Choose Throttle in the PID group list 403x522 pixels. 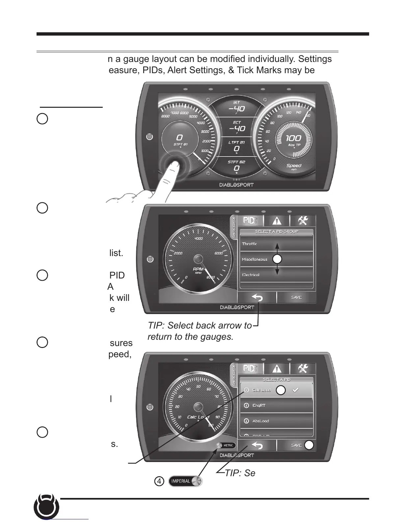coord(250,244)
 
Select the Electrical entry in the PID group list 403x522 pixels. coord(251,275)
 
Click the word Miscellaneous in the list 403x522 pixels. coord(255,259)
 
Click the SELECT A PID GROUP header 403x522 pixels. coord(277,232)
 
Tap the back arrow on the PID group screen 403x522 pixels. coord(257,298)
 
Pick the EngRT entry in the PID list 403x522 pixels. coord(259,405)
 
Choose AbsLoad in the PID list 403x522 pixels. coord(260,421)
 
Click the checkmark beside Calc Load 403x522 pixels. coord(296,390)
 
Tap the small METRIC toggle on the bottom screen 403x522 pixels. coord(226,445)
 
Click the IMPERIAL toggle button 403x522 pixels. coord(185,481)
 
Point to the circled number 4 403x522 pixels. coord(159,481)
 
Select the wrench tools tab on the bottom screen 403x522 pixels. coord(302,368)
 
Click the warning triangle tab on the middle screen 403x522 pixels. coord(277,221)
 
